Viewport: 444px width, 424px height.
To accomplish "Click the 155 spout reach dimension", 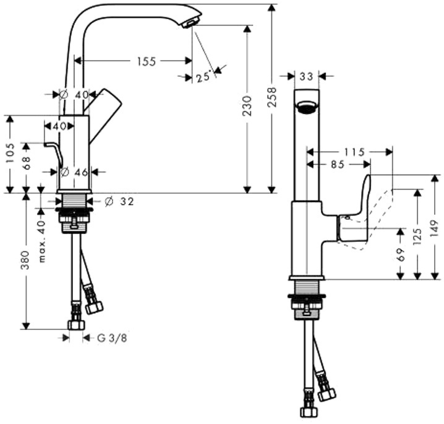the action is click(x=147, y=61).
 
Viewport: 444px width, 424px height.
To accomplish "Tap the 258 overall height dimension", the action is click(x=272, y=97).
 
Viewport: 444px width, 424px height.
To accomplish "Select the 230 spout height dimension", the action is click(x=247, y=106).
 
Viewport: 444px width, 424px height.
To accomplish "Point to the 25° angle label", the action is click(x=203, y=77).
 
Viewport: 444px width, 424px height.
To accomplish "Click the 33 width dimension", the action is click(x=306, y=76).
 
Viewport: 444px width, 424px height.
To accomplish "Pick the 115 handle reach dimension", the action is click(x=354, y=152).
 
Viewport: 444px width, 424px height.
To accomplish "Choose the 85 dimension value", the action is click(x=338, y=165).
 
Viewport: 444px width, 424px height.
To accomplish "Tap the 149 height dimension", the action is click(x=434, y=229).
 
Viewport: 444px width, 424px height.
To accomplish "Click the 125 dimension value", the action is click(x=417, y=236).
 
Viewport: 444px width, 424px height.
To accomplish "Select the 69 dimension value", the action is click(x=400, y=254).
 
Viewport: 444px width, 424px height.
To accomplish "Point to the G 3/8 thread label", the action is click(x=112, y=338).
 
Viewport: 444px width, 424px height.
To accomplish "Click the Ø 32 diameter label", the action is click(x=119, y=202).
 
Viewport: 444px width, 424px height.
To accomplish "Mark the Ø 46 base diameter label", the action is click(x=74, y=171).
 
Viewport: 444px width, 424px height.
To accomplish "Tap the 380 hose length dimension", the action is click(x=25, y=260).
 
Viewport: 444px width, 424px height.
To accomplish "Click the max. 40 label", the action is click(x=41, y=241).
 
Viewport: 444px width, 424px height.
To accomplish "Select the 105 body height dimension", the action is click(x=10, y=153).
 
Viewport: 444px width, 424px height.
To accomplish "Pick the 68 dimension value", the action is click(x=27, y=163).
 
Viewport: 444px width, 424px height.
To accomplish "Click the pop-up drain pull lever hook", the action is click(x=54, y=152).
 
